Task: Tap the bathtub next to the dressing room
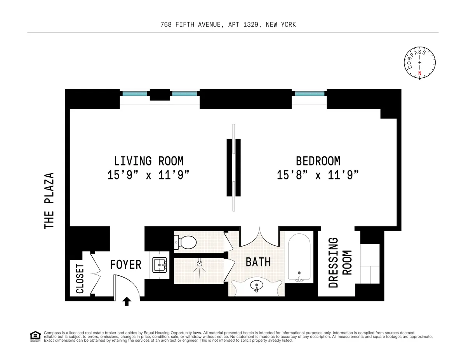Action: (x=299, y=256)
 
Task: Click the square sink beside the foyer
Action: (x=160, y=266)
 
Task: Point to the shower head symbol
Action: (x=200, y=264)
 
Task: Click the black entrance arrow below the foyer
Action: (x=126, y=301)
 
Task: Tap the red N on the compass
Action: (x=419, y=73)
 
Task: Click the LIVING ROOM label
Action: (x=148, y=161)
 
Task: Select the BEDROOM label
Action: (x=318, y=161)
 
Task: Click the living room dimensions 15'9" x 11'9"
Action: (x=148, y=176)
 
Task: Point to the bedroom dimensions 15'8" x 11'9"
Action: (x=318, y=176)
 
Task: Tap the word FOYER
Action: (x=125, y=265)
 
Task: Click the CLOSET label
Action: (x=80, y=279)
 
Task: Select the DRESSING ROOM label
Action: (x=339, y=263)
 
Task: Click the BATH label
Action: (x=258, y=262)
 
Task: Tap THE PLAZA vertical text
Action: (x=49, y=200)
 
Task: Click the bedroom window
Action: (x=310, y=94)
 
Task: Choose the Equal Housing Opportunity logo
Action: (x=35, y=336)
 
